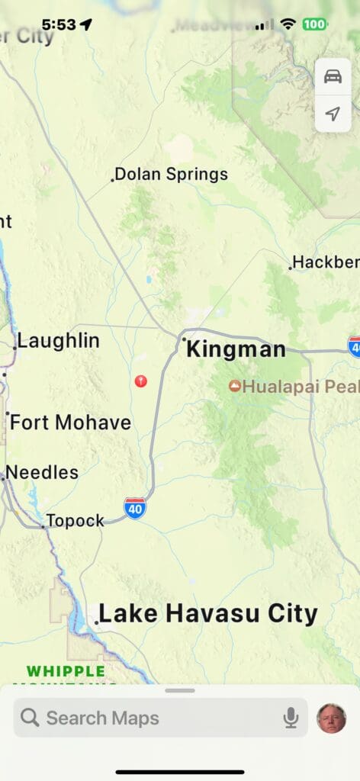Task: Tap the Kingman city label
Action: click(x=236, y=350)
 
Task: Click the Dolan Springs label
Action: click(x=171, y=175)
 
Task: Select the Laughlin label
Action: click(x=58, y=341)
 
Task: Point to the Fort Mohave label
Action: click(x=70, y=423)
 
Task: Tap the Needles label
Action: click(x=42, y=472)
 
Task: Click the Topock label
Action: click(x=75, y=521)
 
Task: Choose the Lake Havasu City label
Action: click(x=207, y=614)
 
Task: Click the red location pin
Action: click(x=140, y=381)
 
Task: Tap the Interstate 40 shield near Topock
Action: click(x=135, y=508)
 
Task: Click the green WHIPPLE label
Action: click(x=66, y=672)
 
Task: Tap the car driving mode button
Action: click(x=333, y=77)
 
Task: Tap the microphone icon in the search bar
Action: click(x=291, y=718)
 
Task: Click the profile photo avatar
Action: click(x=332, y=718)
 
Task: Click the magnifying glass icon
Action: click(x=30, y=718)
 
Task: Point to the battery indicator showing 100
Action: click(x=314, y=24)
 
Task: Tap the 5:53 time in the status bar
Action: click(x=59, y=24)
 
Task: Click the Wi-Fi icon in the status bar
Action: click(x=288, y=24)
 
